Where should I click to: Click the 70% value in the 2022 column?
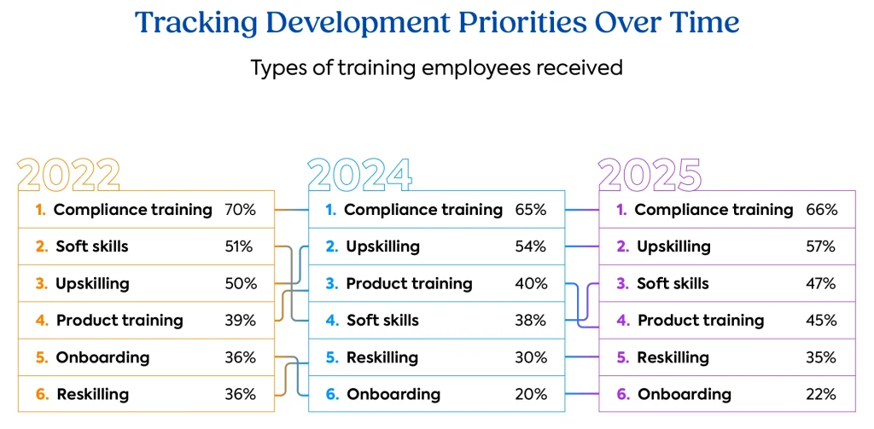[x=240, y=210]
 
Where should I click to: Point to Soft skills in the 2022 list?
[x=91, y=246]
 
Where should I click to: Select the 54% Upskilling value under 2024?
[x=531, y=246]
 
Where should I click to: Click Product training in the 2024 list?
[x=409, y=283]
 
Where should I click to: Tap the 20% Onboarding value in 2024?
[x=531, y=394]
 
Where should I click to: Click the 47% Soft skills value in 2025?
[x=820, y=283]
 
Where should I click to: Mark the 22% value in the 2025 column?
[x=820, y=394]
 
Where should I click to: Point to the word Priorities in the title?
[x=528, y=23]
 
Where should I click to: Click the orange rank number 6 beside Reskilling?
[x=41, y=394]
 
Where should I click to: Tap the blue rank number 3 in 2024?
[x=331, y=283]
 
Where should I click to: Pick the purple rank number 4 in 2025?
[x=622, y=321]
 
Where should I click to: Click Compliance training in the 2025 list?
[x=714, y=210]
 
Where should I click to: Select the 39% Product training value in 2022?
[x=240, y=321]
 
